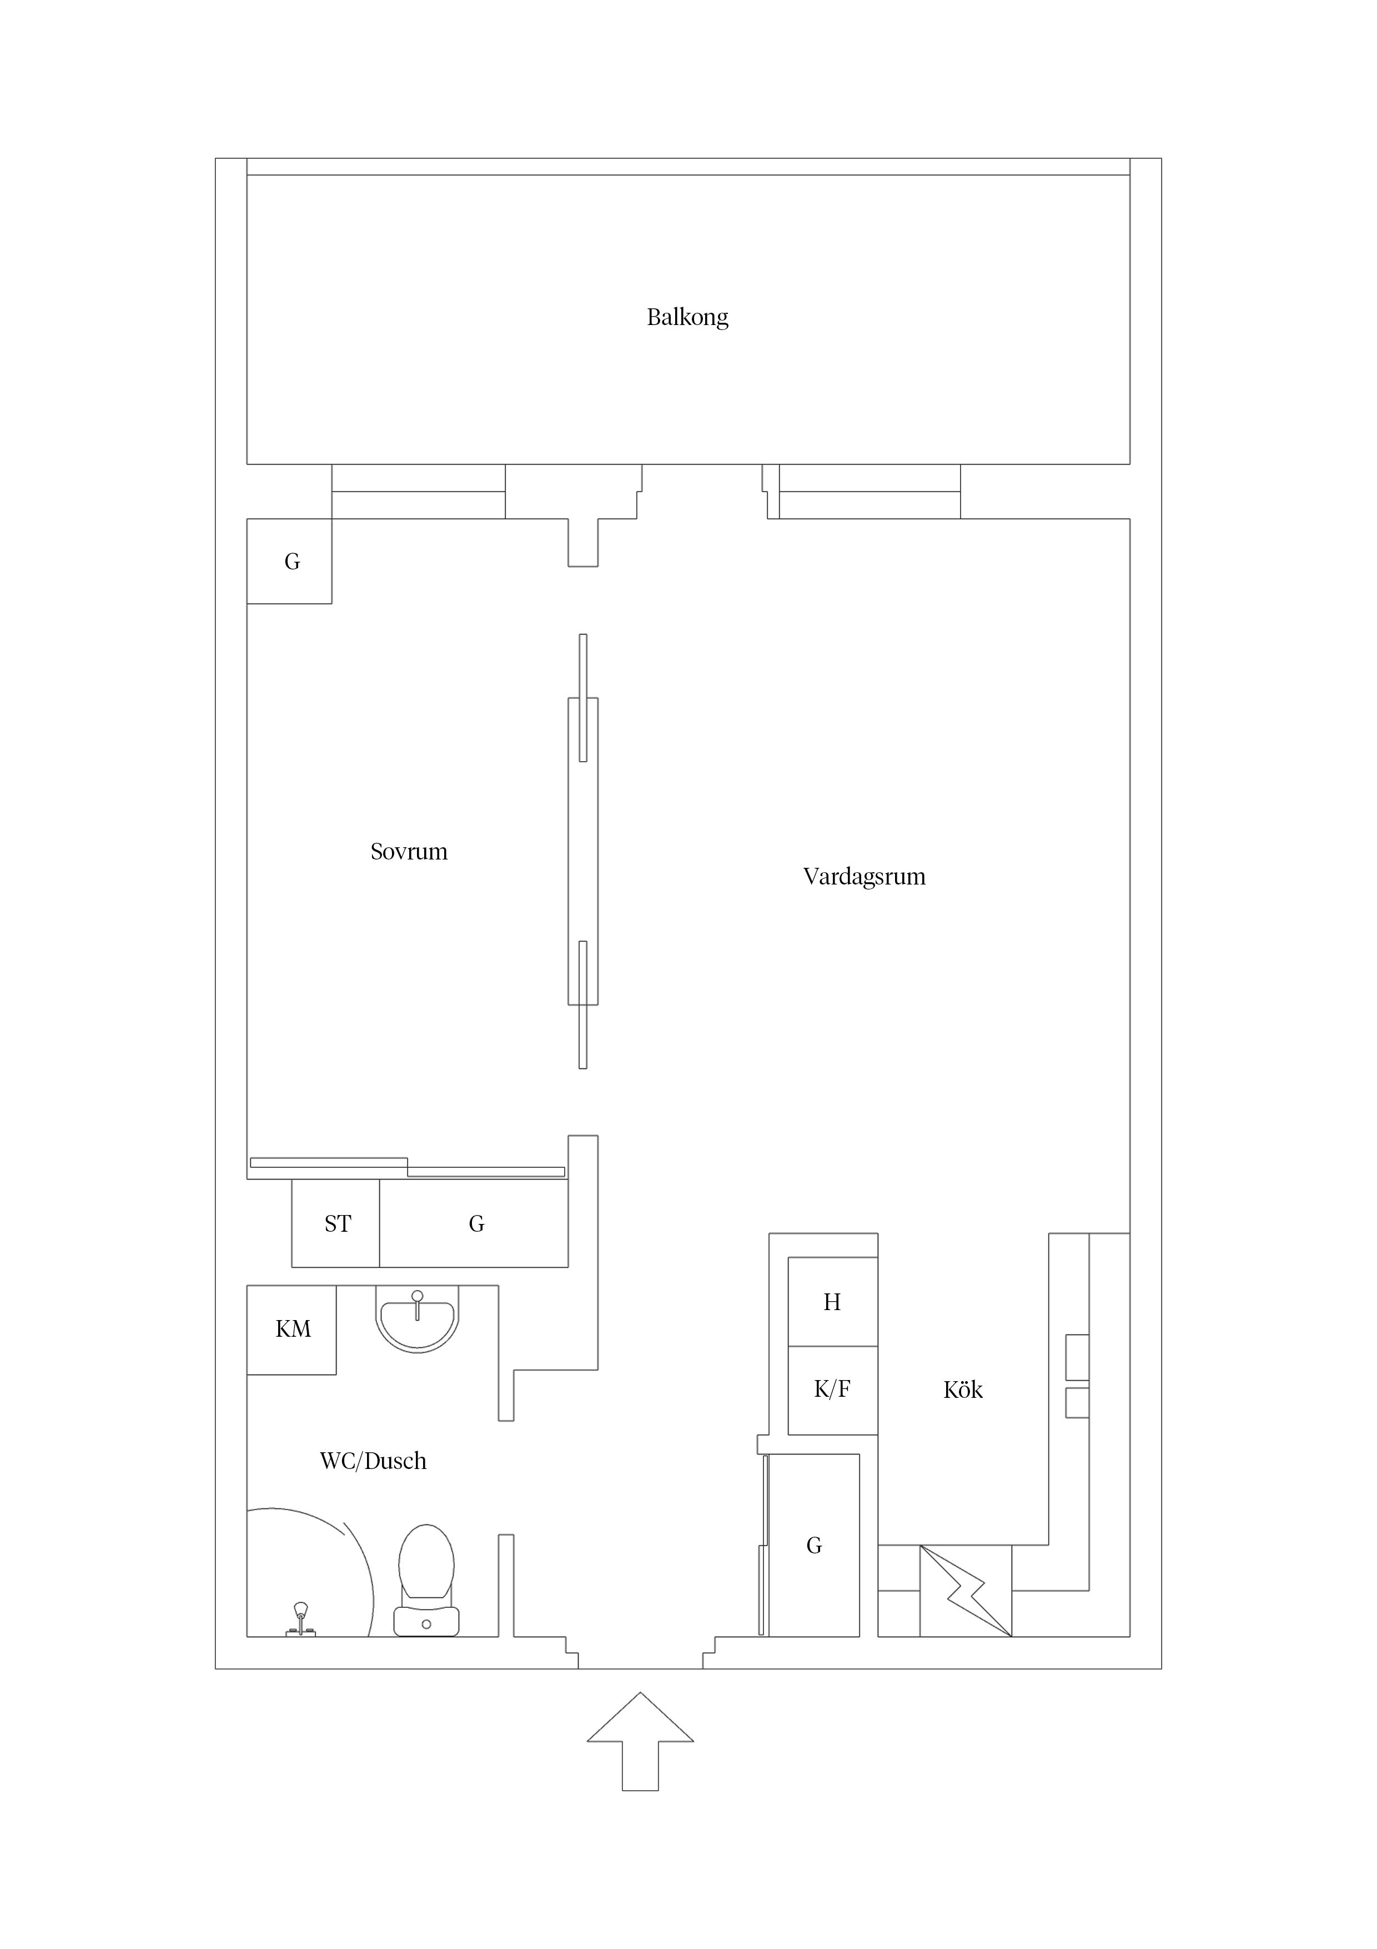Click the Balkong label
coord(687,317)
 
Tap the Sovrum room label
coord(409,851)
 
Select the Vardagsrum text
coord(864,877)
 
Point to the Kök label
coord(963,1390)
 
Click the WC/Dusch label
coord(373,1461)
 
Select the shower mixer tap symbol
coord(300,1620)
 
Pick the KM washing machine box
coord(292,1330)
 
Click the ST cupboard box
coord(336,1223)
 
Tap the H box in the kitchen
coord(832,1301)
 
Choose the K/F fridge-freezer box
coord(832,1391)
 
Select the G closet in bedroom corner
coord(289,561)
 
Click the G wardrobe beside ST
coord(474,1223)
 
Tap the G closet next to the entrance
coord(813,1545)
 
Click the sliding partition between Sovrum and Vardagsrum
coord(583,851)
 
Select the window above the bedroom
coord(418,492)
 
